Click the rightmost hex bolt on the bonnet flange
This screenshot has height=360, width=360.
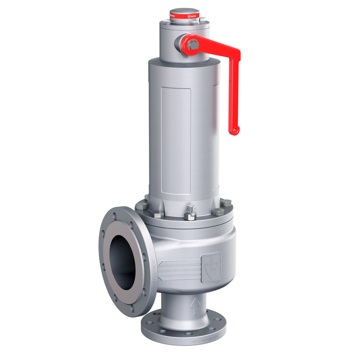227,204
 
